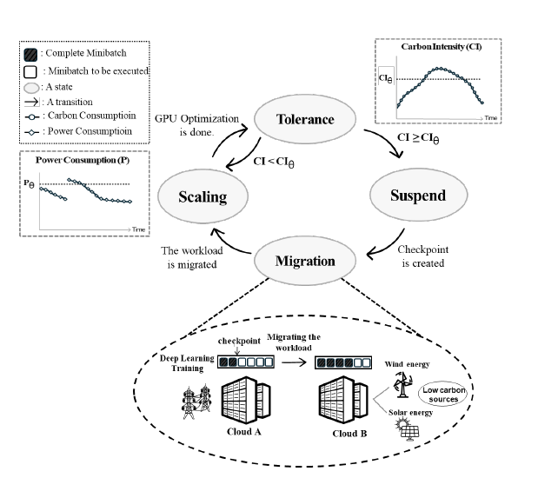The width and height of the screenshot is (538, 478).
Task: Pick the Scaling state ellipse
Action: click(202, 196)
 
